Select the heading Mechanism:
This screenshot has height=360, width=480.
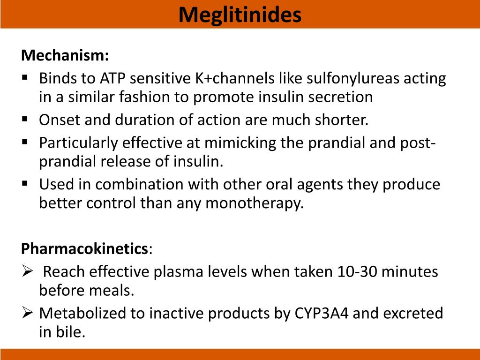click(x=65, y=55)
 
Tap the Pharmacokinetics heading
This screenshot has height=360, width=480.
click(x=85, y=248)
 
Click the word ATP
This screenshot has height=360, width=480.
click(x=114, y=78)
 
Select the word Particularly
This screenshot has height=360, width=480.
click(x=75, y=142)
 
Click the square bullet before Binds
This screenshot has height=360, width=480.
click(x=25, y=76)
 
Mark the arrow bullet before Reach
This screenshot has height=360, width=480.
click(x=26, y=271)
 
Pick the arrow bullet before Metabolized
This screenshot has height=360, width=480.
click(x=26, y=312)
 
